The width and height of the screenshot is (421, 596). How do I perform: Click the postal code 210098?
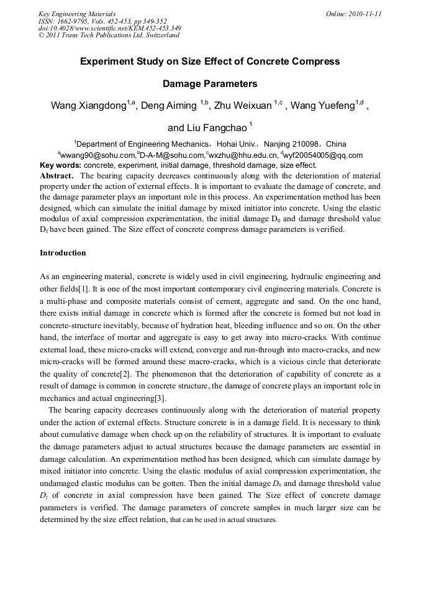302,143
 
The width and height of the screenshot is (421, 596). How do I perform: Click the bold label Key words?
60,165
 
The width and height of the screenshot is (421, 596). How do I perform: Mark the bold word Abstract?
57,175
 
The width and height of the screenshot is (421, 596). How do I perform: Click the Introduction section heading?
63,253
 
